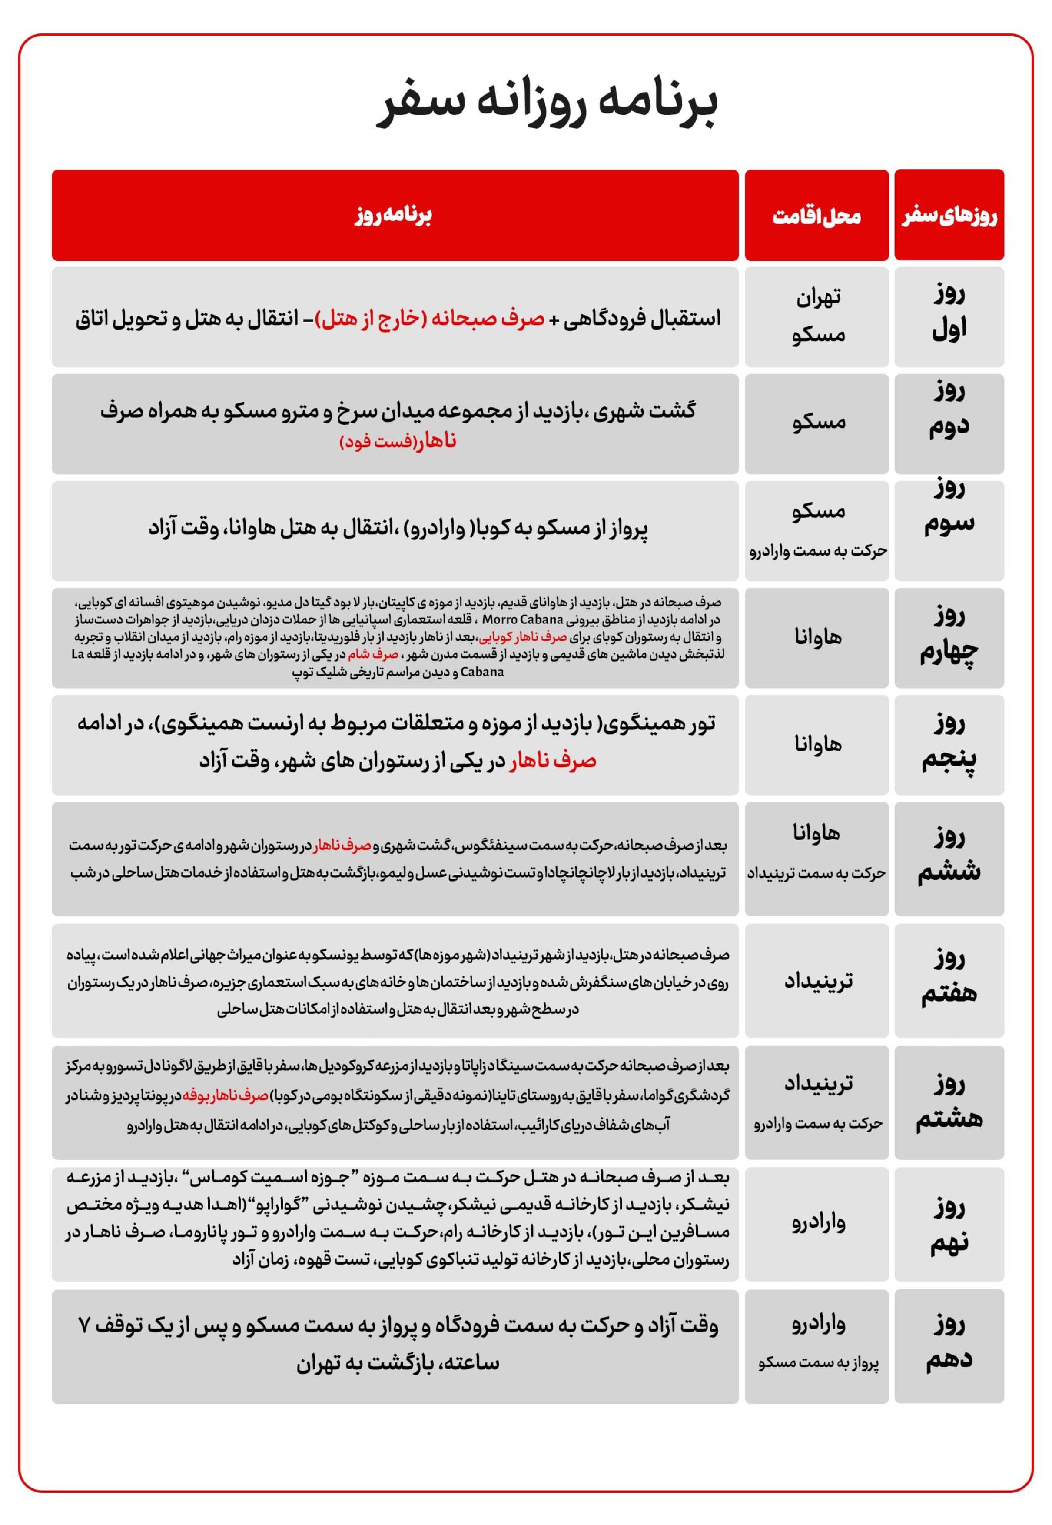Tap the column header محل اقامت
[x=816, y=216]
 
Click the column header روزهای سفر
[x=949, y=216]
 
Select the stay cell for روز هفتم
[x=818, y=980]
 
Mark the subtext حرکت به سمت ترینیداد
[x=816, y=873]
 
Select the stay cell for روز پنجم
[x=818, y=744]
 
